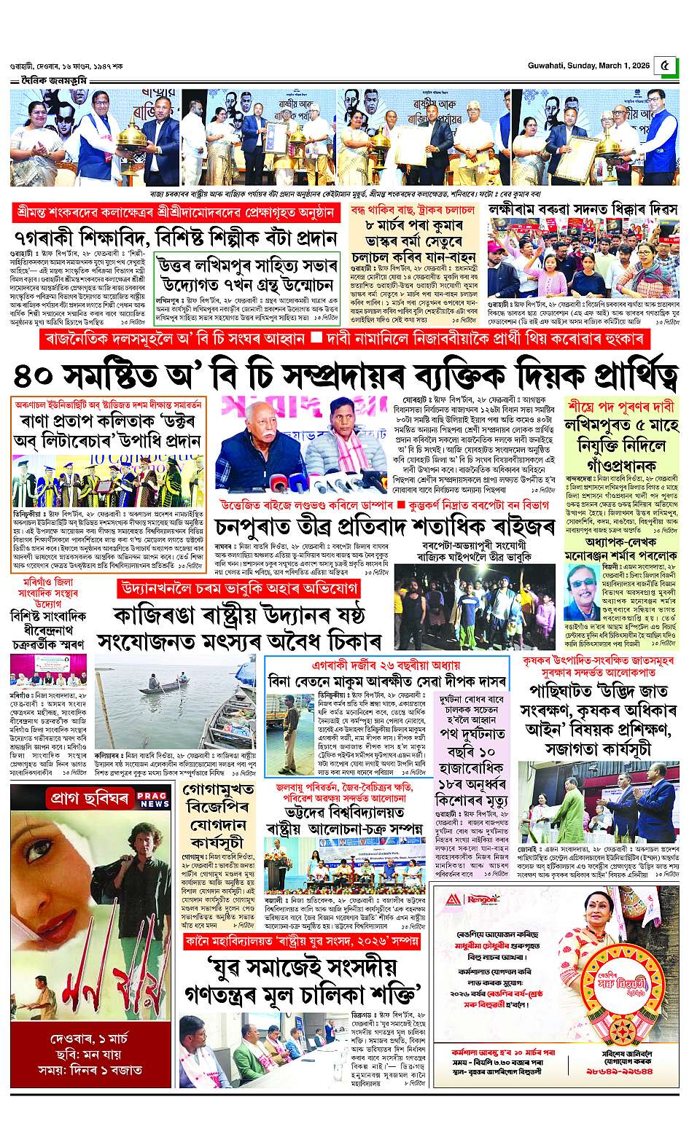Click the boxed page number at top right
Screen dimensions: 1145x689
(663, 65)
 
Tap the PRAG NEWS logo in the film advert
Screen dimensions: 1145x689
(154, 800)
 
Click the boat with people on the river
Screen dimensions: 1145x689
(162, 686)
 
